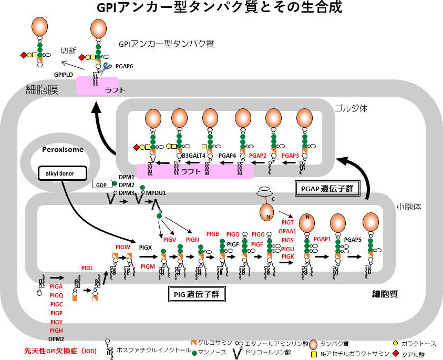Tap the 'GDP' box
click(x=100, y=184)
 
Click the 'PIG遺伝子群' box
click(x=195, y=295)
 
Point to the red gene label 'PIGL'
click(x=87, y=268)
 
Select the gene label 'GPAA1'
click(x=288, y=231)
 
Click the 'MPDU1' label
click(x=157, y=193)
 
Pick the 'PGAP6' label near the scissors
click(x=124, y=66)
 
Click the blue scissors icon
click(x=108, y=66)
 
